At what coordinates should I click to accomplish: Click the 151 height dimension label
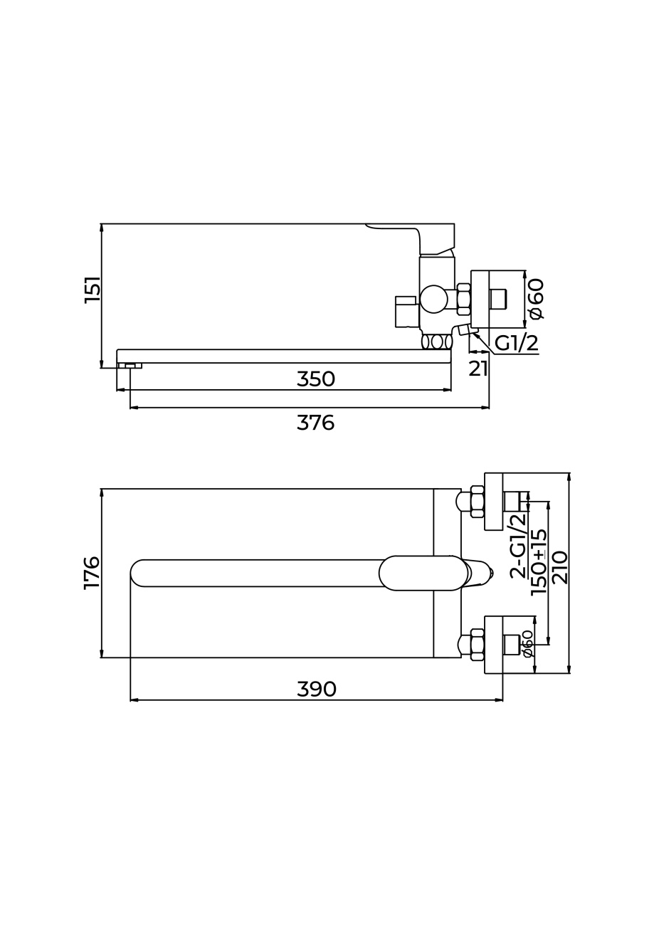[92, 289]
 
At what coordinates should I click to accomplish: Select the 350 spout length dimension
[316, 379]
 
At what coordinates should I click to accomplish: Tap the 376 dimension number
[315, 423]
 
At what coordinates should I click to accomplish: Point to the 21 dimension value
[478, 369]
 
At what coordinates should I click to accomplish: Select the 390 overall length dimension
[317, 689]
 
